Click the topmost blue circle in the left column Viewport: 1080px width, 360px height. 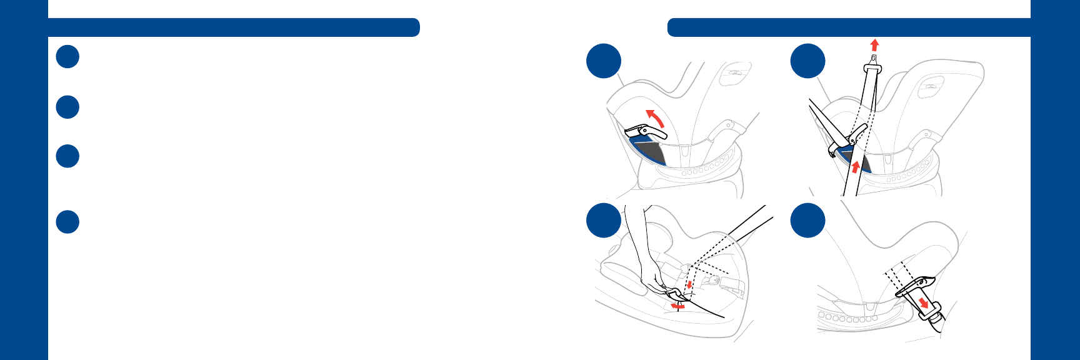tap(67, 56)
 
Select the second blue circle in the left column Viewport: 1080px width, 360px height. tap(67, 107)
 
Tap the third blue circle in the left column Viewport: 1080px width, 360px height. tap(67, 156)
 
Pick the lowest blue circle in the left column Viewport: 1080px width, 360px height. tap(67, 222)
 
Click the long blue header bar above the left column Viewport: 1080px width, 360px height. tap(233, 27)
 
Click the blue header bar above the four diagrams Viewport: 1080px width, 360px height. tap(848, 27)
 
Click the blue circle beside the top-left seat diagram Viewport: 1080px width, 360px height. tap(604, 61)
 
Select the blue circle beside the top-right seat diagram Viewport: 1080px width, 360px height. tap(807, 61)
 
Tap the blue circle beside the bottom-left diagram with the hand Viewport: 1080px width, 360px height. tap(604, 220)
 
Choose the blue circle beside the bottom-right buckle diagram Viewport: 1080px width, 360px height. tap(807, 220)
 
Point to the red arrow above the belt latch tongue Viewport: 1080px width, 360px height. tap(874, 44)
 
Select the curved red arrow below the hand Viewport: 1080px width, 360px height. tap(677, 306)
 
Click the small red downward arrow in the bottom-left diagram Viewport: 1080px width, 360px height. tap(689, 285)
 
